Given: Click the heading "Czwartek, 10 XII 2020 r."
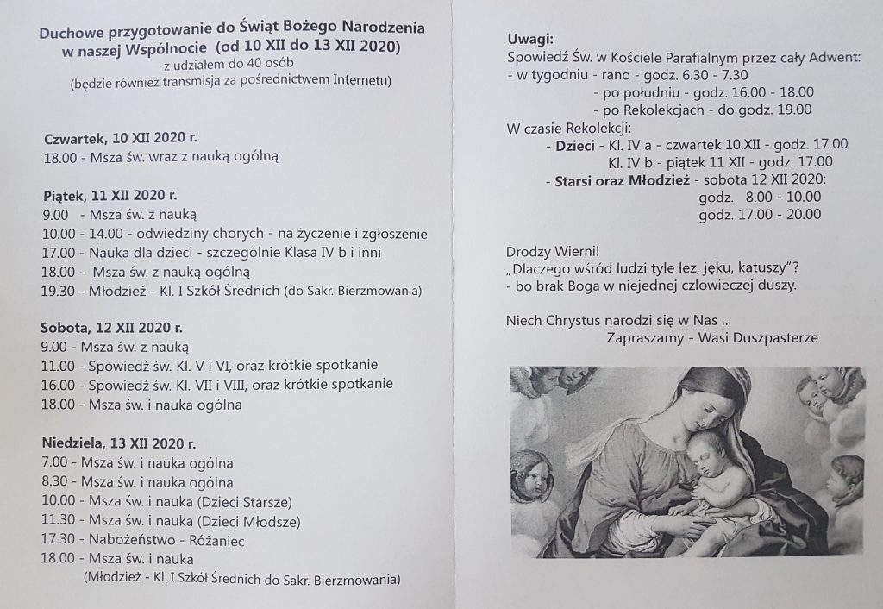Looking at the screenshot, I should (120, 138).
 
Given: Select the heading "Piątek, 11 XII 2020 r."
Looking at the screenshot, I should (110, 195).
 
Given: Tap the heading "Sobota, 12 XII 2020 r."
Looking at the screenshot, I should (112, 328).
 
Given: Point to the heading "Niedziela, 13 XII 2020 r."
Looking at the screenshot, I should (119, 444).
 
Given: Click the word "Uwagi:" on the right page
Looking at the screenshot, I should (530, 40).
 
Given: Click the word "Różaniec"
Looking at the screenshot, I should (223, 540).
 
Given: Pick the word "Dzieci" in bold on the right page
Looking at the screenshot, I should (576, 145).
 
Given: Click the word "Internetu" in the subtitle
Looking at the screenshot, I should (363, 82).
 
